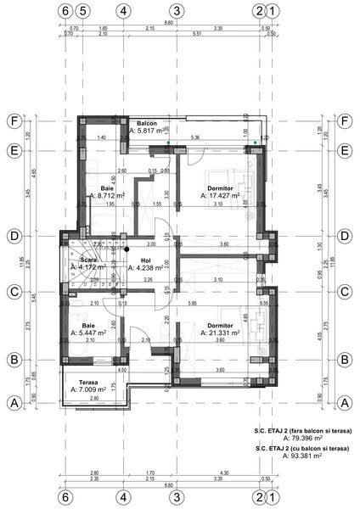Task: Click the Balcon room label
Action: [149, 123]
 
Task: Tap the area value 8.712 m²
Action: [110, 194]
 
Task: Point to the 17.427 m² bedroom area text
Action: [223, 194]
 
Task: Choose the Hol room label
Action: [145, 260]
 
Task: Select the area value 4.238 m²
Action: [146, 267]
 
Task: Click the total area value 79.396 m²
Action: [307, 439]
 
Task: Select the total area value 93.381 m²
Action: [307, 456]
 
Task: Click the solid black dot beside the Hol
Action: [125, 249]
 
